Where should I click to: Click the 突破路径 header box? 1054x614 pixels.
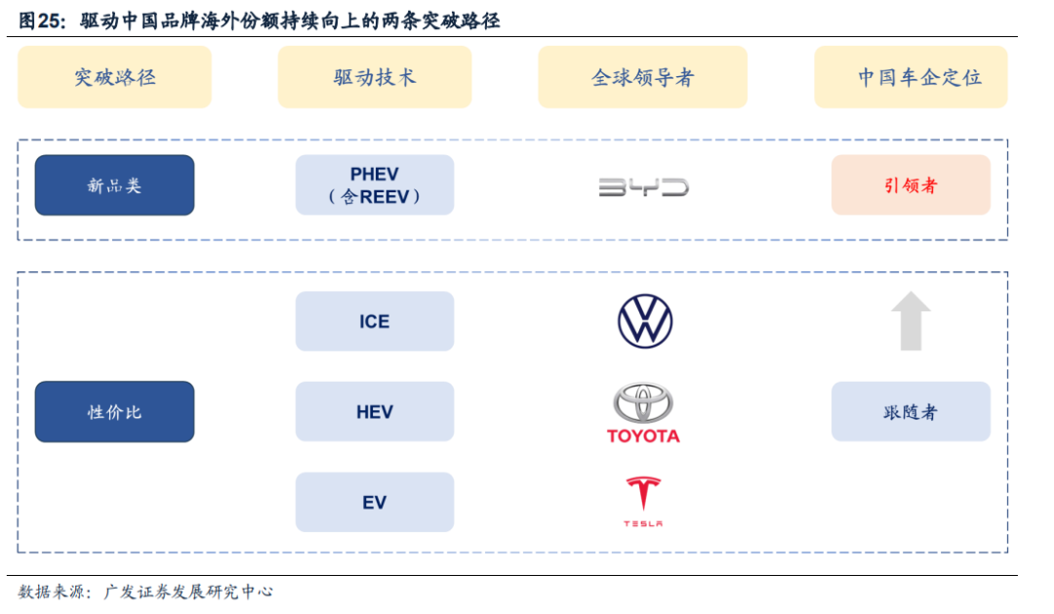[x=114, y=77]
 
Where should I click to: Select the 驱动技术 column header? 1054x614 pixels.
[x=375, y=77]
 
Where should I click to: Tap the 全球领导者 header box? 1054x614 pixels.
[x=642, y=77]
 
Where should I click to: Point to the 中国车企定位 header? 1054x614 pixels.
[x=911, y=77]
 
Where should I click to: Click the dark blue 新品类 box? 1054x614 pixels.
[x=114, y=185]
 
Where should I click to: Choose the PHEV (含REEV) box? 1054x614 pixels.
[x=375, y=185]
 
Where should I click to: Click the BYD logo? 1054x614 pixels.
[x=643, y=186]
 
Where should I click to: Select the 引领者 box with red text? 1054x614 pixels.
[x=911, y=185]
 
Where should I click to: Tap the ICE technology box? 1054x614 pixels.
[x=375, y=321]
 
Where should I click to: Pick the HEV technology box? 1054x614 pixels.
[x=375, y=411]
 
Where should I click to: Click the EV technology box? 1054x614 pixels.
[x=375, y=502]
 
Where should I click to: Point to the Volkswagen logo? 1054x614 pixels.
[x=645, y=321]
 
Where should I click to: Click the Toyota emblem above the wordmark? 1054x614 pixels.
[x=643, y=402]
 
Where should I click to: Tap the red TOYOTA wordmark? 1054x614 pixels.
[x=643, y=436]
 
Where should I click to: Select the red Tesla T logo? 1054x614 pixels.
[x=643, y=494]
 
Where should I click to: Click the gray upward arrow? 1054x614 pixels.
[x=911, y=321]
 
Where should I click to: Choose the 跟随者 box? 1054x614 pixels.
[x=911, y=411]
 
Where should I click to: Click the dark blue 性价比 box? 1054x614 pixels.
[x=114, y=411]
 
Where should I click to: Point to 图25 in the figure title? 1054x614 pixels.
[x=41, y=20]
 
